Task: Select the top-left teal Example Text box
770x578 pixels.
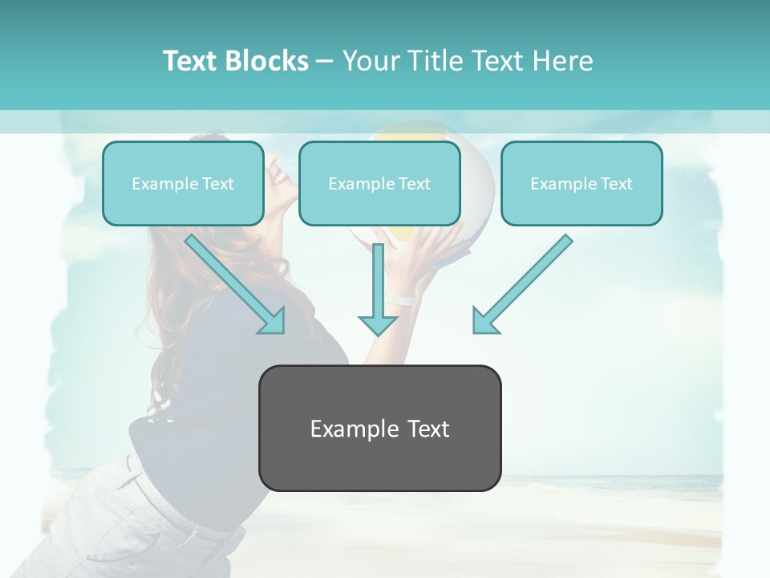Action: [183, 183]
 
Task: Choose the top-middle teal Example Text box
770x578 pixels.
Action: [379, 183]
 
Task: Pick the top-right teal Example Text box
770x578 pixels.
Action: [582, 183]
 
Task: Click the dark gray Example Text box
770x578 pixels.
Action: [379, 428]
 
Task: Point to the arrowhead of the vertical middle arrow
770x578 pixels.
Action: [378, 324]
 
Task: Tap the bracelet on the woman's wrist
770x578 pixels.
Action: [401, 299]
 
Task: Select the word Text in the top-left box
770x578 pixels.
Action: [218, 183]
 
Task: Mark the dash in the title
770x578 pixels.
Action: [325, 61]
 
